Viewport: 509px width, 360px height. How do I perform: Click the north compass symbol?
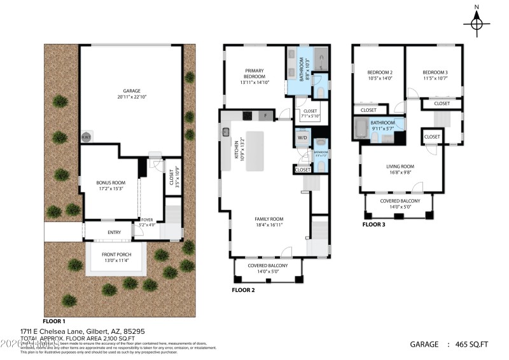(476, 24)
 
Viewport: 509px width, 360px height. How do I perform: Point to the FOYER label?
(147, 220)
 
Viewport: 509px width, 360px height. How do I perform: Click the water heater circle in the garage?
(85, 137)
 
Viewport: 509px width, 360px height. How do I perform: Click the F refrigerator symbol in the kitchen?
(266, 115)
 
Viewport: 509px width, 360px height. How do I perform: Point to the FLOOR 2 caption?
(244, 289)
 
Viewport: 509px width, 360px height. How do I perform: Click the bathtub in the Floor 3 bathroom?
(361, 130)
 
